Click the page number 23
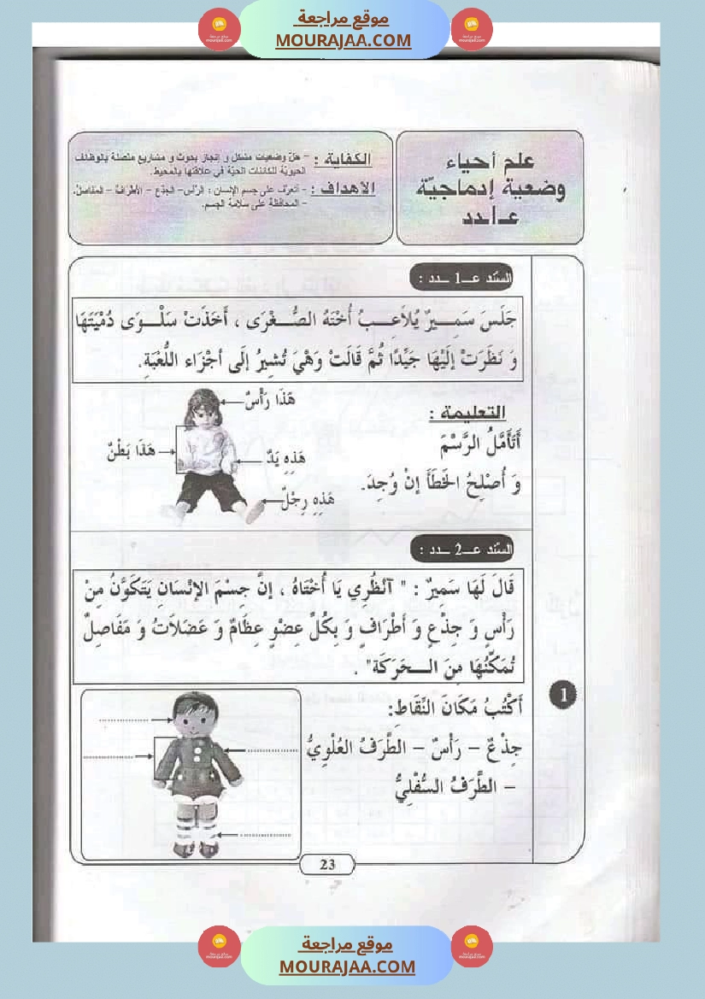coord(327,865)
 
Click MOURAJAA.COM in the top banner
coord(343,40)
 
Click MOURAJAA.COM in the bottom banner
coord(347,967)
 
